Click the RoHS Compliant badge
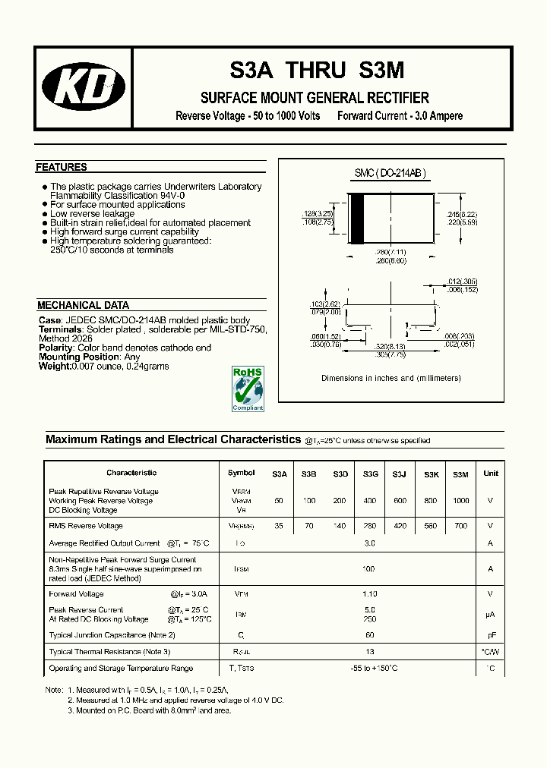[x=248, y=389]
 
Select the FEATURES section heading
[x=62, y=168]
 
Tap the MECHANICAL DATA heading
[x=84, y=305]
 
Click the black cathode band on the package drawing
[x=356, y=219]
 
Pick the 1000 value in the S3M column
[x=460, y=501]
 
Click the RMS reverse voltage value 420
[x=400, y=526]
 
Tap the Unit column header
[x=491, y=474]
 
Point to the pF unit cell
[x=490, y=634]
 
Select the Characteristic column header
[x=131, y=473]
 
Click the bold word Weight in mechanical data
[x=54, y=367]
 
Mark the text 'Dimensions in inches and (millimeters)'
[x=391, y=378]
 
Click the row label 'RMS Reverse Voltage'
[x=86, y=526]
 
